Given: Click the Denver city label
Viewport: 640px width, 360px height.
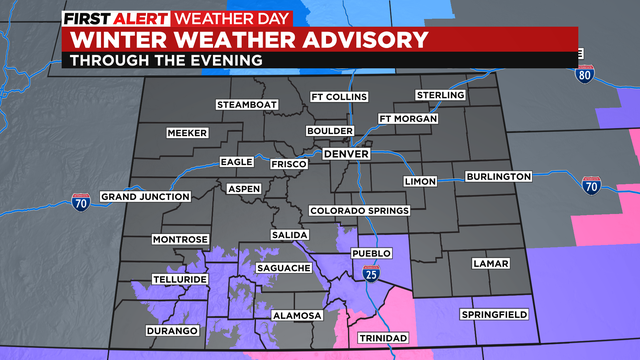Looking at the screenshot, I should (x=346, y=154).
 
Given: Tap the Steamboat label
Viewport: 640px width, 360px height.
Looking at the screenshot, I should (x=245, y=104).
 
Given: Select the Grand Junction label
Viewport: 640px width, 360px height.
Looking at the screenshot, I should (x=145, y=196).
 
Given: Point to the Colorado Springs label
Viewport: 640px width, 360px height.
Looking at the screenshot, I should (x=359, y=211).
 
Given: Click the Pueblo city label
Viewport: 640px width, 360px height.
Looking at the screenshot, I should (x=371, y=253).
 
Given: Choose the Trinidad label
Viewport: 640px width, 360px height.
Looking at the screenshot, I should (x=384, y=338).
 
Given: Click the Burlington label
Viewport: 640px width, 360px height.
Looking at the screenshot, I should (x=498, y=177).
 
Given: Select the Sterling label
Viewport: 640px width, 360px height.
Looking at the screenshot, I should (x=441, y=95).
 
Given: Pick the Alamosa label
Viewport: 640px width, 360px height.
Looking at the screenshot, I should (x=298, y=315).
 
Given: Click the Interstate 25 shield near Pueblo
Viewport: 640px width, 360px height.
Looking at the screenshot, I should (x=370, y=273).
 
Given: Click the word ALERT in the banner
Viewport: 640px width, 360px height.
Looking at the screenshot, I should (x=143, y=19).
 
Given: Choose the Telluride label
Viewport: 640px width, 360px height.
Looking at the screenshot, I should (x=180, y=279).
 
